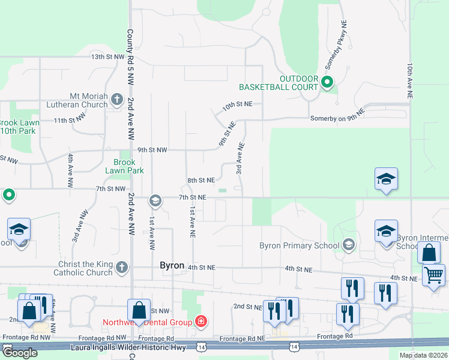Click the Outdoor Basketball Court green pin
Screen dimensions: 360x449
click(327, 82)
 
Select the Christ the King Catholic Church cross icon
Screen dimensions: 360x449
click(122, 268)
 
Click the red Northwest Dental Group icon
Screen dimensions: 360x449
click(201, 322)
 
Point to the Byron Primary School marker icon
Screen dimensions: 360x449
click(348, 245)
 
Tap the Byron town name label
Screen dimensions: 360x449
click(172, 265)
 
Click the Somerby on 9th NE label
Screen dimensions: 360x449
click(337, 119)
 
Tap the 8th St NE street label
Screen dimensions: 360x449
click(200, 180)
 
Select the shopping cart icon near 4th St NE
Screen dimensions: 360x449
click(434, 275)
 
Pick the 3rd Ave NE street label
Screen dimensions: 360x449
click(239, 158)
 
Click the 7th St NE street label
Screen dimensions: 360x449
click(192, 197)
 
